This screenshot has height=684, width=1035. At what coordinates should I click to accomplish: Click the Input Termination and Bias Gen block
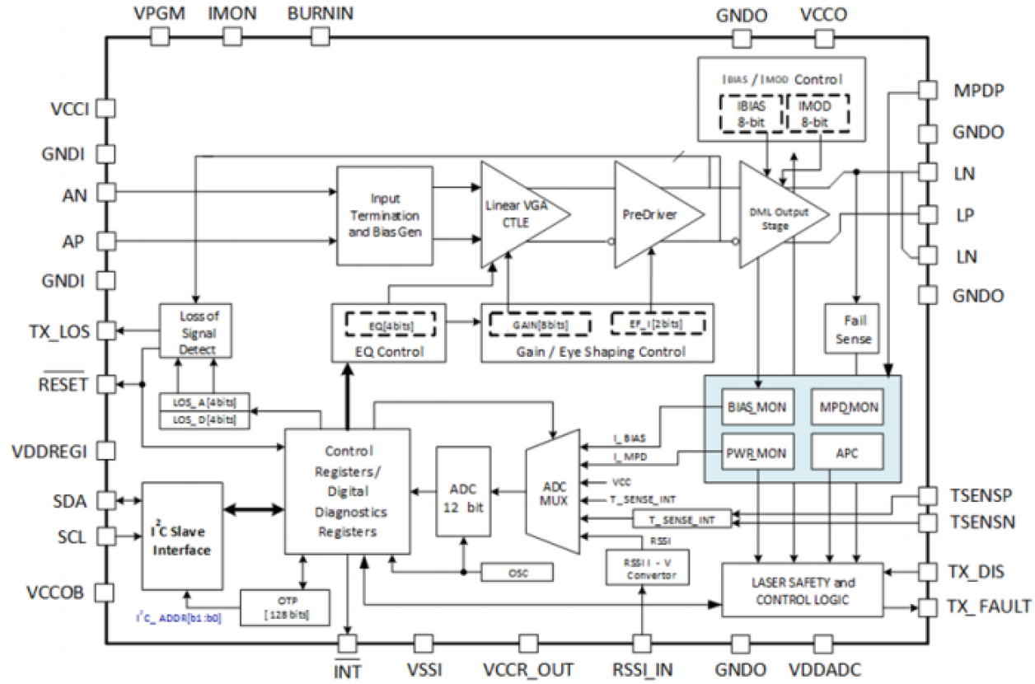point(384,215)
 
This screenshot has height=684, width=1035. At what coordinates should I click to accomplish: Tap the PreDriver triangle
point(653,215)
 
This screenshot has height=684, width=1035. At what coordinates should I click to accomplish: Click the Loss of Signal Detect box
point(196,330)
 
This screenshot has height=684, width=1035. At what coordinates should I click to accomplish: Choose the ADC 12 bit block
point(463,493)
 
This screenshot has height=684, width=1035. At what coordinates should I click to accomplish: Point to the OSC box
point(516,571)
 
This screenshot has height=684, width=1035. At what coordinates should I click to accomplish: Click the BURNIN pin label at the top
point(321,13)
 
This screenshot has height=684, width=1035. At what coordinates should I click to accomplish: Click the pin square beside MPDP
point(928,90)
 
